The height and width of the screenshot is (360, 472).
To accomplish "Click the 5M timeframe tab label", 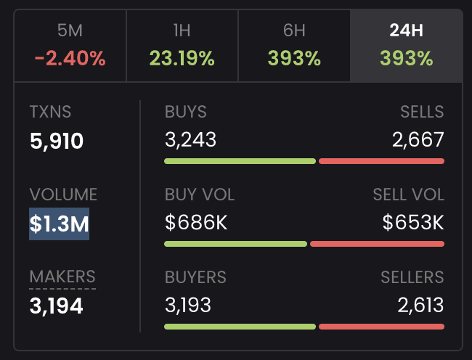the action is point(70,30).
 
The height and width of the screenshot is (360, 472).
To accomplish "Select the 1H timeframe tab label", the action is point(182,30).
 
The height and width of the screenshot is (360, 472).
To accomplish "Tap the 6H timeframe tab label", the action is point(294,30).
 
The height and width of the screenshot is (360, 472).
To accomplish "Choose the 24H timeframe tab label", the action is point(407,30).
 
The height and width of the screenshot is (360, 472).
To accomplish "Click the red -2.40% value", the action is point(70,58).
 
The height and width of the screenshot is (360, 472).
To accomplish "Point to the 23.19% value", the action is point(182,58).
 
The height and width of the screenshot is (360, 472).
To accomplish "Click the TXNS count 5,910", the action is point(57,141).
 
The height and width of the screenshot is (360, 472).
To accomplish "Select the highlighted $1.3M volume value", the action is point(59,224).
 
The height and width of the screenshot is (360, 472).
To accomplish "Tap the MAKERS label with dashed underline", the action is point(62,277).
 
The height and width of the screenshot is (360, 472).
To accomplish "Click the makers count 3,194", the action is point(57,306).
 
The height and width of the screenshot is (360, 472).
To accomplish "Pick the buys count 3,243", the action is point(190,140).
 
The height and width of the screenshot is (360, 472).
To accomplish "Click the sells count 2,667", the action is point(418,140).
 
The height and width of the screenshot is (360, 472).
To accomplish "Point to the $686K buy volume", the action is point(196,223).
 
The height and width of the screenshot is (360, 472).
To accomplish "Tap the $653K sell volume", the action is point(413,223).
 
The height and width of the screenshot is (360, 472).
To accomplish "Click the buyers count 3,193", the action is point(188,305).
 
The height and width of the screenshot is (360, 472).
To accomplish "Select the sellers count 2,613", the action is point(420,305).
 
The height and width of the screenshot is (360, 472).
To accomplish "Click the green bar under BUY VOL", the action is point(236,244).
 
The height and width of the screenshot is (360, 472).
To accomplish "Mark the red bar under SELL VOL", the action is point(377,244).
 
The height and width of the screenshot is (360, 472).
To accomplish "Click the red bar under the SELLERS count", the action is point(382,327).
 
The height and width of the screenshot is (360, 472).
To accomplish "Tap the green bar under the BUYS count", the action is point(240,161).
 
